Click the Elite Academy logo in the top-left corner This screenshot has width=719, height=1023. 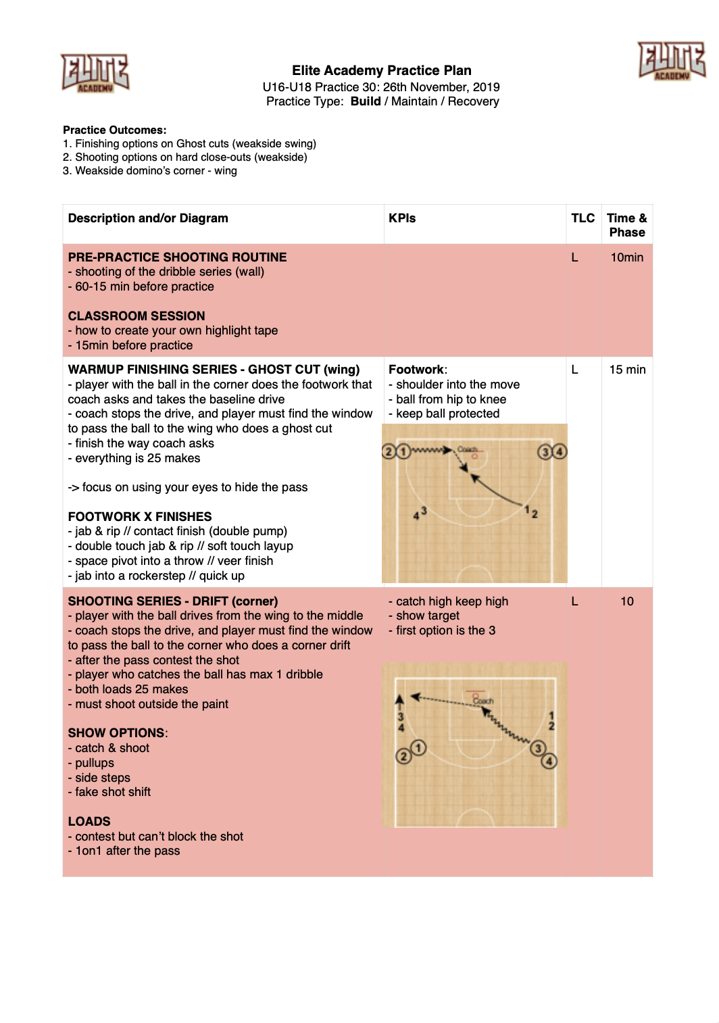95,72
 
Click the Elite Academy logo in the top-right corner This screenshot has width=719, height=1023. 671,61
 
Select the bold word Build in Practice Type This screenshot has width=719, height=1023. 366,101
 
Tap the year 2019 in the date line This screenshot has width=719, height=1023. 486,87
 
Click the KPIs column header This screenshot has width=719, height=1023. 402,218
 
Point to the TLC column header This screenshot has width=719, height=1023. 582,218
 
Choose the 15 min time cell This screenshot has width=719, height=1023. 627,370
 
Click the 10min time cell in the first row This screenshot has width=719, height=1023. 626,257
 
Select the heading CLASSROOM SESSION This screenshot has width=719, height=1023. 137,316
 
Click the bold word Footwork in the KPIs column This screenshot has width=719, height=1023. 416,370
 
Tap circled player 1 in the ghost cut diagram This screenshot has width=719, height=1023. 403,451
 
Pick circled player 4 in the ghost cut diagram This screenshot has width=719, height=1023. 560,451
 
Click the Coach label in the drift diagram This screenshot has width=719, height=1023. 483,701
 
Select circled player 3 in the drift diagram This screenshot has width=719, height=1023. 538,748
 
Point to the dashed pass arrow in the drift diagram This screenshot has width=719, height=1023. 443,700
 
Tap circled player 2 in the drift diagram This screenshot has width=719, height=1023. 403,756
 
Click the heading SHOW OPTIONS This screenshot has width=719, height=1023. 116,733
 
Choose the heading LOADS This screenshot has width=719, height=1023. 89,822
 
